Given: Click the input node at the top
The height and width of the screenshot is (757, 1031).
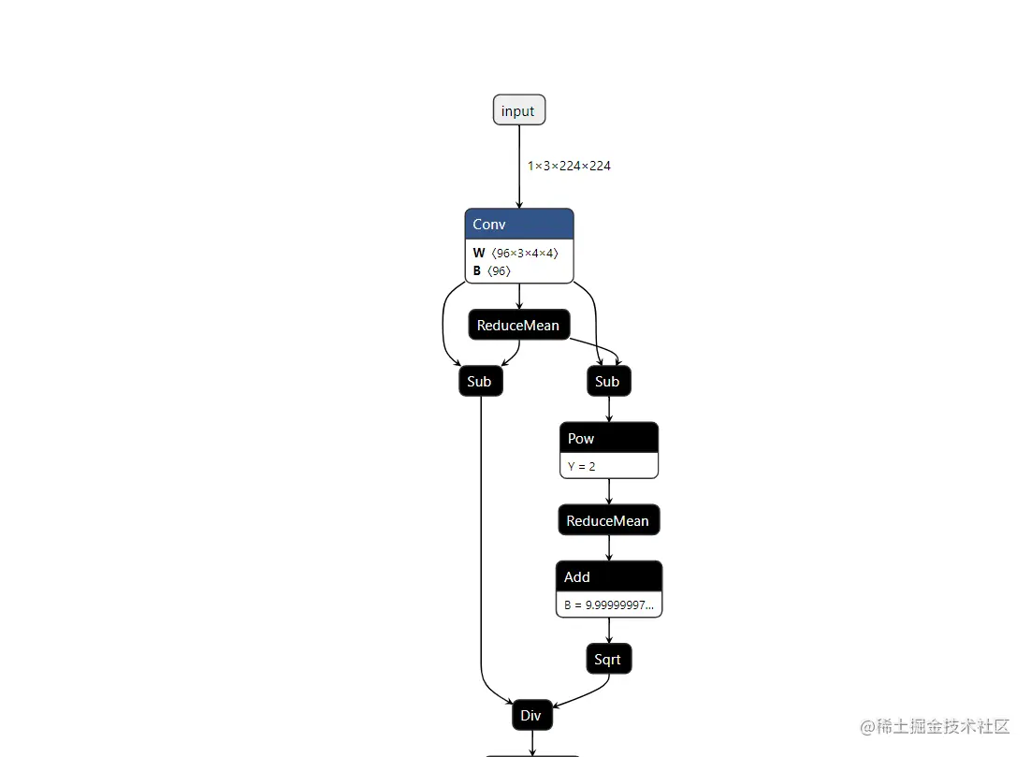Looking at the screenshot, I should (x=518, y=110).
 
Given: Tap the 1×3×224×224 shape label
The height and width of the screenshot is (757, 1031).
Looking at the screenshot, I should (x=569, y=166).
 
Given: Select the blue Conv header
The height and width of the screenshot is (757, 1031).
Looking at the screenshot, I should (x=518, y=224).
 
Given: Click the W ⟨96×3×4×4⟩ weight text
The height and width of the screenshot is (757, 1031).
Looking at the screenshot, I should (x=515, y=253).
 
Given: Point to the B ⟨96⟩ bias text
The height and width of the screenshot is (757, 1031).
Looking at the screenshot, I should (x=492, y=270).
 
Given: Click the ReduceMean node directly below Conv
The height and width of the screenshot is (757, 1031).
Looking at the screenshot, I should (x=518, y=326).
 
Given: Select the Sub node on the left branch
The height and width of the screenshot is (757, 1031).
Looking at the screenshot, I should (x=480, y=381).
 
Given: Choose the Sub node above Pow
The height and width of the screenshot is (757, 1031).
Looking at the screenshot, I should (x=608, y=381).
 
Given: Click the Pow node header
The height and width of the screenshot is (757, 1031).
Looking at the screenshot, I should (x=608, y=438).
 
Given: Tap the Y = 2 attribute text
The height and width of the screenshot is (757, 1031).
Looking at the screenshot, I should (x=582, y=466).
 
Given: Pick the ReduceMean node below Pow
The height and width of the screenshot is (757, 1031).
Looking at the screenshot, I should (x=608, y=520).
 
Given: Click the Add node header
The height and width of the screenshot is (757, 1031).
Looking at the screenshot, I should (x=608, y=576).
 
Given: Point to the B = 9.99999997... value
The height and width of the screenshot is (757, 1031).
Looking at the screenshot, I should (x=609, y=605).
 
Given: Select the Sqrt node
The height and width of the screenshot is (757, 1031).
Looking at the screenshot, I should (x=608, y=660).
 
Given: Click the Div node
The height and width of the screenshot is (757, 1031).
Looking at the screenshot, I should (x=531, y=716).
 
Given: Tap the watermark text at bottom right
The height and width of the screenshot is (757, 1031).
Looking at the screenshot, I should (x=936, y=726).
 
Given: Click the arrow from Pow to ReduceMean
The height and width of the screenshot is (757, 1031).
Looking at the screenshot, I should (x=609, y=491).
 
